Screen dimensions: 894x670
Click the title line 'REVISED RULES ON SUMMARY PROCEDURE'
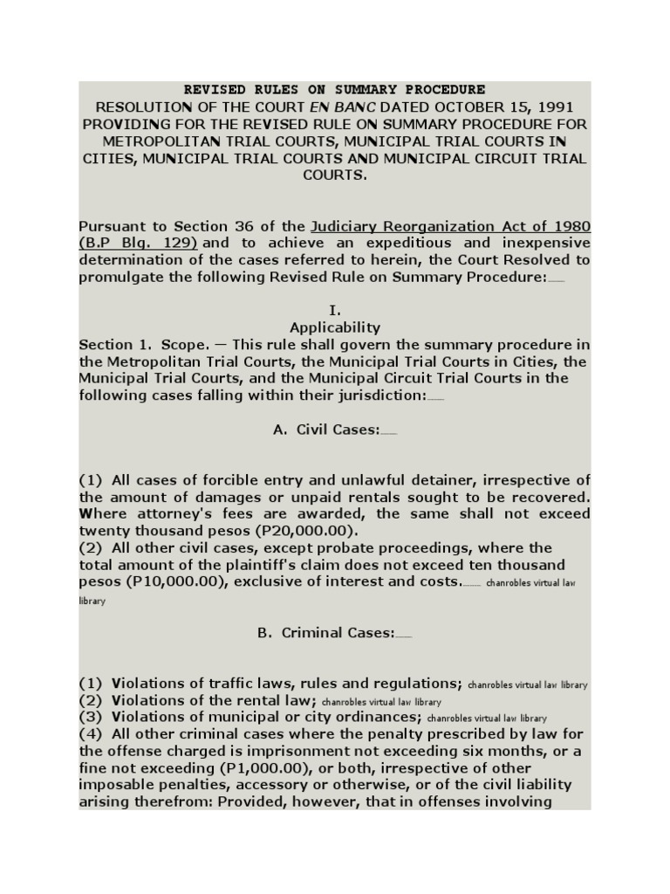coord(334,90)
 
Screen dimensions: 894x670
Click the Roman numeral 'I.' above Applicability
coord(334,311)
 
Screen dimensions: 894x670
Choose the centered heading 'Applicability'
coord(334,327)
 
